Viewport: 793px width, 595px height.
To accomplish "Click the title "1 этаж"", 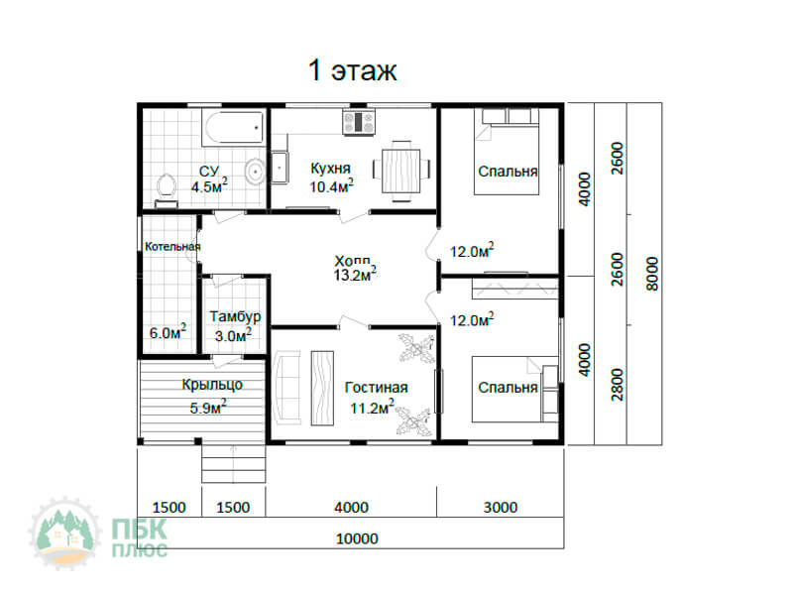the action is click(353, 69).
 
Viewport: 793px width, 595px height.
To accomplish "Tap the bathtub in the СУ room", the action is click(233, 129).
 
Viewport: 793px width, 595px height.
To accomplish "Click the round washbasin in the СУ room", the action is click(255, 171).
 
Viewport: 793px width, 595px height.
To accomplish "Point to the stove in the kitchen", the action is click(359, 122).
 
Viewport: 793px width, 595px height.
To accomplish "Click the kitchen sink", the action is click(280, 167).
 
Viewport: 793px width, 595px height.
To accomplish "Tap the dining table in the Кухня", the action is click(401, 171).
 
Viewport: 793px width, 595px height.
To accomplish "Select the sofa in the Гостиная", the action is click(286, 389).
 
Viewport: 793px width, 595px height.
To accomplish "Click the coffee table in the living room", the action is click(322, 388).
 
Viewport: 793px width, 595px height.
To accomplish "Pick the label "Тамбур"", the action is click(235, 316).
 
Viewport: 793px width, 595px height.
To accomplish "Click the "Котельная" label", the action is click(172, 246).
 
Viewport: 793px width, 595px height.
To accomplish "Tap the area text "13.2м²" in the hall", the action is click(355, 275).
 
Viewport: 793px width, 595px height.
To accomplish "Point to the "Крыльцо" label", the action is click(212, 385).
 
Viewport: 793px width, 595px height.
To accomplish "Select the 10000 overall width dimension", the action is click(357, 538).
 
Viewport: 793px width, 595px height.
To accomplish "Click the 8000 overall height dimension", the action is click(653, 274).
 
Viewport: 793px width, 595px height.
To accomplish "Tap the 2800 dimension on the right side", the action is click(618, 385).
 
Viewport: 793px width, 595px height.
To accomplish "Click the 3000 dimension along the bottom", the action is click(501, 508).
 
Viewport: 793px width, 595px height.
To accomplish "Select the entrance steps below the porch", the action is click(234, 464).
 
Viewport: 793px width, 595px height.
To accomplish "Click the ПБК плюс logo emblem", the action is click(64, 533).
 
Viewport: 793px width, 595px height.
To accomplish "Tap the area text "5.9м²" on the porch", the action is click(208, 408).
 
